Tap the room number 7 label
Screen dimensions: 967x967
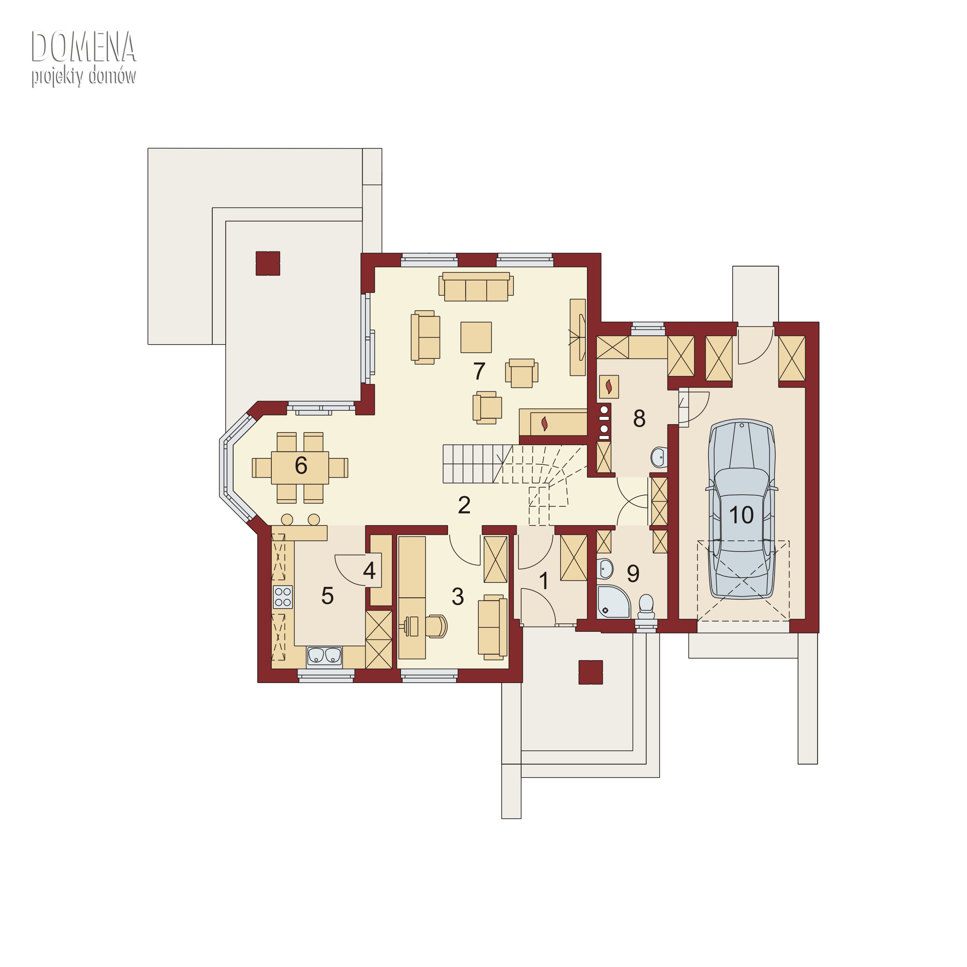click(x=479, y=371)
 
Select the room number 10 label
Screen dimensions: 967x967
click(x=741, y=514)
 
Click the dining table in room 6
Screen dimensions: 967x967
click(x=300, y=467)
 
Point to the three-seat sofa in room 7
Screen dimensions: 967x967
click(x=476, y=287)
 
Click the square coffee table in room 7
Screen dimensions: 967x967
click(x=476, y=337)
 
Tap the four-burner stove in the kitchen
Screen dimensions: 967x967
click(x=283, y=597)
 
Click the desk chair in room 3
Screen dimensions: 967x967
click(x=436, y=626)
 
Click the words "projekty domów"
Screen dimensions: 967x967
click(x=83, y=76)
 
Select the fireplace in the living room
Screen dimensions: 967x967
click(x=552, y=423)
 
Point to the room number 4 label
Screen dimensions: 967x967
click(x=369, y=570)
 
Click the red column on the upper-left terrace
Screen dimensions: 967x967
click(x=268, y=263)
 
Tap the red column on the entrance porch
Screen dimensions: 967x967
click(x=591, y=672)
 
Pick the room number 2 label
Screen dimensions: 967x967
click(x=464, y=505)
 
